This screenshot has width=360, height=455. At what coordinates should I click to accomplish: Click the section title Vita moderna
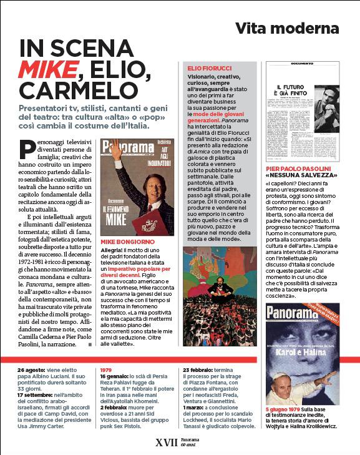pyautogui.click(x=286, y=29)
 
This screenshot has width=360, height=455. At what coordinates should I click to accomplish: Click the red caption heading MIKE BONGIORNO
pyautogui.click(x=127, y=240)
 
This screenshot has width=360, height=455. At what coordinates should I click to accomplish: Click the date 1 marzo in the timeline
pyautogui.click(x=195, y=408)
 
